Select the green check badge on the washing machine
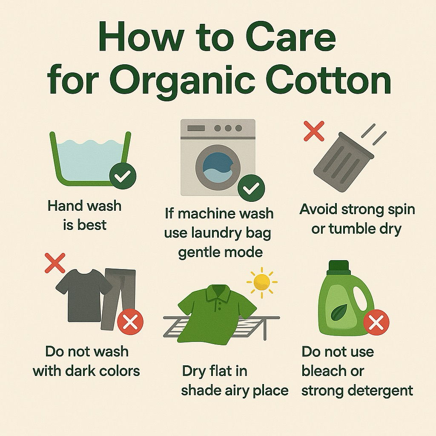251,188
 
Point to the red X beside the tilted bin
314,131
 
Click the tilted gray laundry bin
344,162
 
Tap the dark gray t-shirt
84,295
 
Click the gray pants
118,299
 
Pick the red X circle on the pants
130,323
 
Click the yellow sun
262,283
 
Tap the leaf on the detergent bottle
338,313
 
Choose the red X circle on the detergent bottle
376,322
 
